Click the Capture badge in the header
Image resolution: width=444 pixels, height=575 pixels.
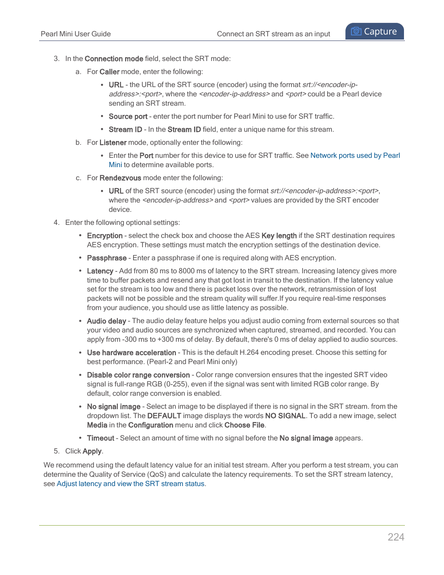tap(374, 32)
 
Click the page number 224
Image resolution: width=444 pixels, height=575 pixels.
tap(396, 537)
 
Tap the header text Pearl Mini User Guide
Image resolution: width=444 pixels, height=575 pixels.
tap(75, 34)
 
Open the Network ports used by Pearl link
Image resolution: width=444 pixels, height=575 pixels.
tap(355, 156)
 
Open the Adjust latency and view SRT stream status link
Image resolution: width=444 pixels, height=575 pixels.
tap(130, 484)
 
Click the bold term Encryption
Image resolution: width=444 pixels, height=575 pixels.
tap(105, 236)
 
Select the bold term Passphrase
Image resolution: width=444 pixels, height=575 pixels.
tap(107, 258)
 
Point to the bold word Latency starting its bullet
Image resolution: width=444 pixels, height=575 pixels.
tap(100, 271)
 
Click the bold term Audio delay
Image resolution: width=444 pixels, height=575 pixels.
tap(106, 321)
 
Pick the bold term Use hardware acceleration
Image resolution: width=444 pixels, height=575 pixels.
tap(131, 352)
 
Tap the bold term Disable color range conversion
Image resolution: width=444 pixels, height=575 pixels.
tap(138, 375)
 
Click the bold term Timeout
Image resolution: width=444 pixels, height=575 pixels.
tap(101, 438)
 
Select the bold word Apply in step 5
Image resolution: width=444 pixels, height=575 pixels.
tap(92, 451)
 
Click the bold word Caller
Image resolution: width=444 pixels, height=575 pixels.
tap(109, 72)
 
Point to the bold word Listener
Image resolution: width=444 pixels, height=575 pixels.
tap(113, 142)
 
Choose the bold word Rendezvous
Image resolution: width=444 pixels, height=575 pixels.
tap(120, 178)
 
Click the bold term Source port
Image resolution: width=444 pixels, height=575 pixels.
tap(128, 116)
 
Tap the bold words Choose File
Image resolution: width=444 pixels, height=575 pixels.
tap(244, 425)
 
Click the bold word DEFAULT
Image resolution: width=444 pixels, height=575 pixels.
tap(164, 416)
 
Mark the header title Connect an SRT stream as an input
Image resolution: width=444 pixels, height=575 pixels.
tap(273, 34)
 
